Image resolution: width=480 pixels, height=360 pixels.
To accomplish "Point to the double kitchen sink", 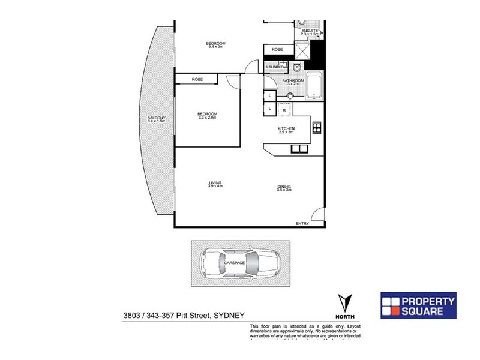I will point(299,149).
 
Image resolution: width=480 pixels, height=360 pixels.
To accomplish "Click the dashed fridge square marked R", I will point(284,110).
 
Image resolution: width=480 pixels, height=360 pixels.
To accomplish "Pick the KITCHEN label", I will point(286,130).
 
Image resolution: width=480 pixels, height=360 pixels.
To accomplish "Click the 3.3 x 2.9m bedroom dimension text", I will point(207,118).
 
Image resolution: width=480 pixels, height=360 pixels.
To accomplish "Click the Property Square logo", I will point(419,305).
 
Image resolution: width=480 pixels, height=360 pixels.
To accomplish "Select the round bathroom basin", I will point(292,95).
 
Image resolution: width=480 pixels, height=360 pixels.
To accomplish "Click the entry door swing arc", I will point(319,215).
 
